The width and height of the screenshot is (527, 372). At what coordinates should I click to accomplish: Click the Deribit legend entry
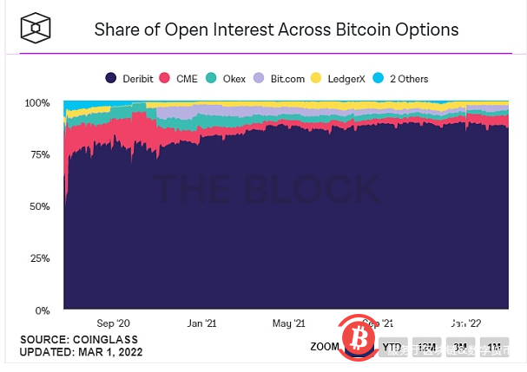pos(129,79)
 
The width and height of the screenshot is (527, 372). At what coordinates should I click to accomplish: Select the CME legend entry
pos(181,79)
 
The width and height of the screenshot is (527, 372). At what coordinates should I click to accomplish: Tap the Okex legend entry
pos(227,79)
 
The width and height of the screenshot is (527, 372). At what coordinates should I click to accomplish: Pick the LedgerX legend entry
pos(338,79)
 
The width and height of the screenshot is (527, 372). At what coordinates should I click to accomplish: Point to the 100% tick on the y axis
pos(37,103)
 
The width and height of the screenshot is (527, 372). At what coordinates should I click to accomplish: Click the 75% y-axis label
pos(39,155)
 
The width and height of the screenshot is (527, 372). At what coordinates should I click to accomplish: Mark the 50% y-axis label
pos(39,206)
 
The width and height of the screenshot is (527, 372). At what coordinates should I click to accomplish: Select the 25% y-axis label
pos(39,258)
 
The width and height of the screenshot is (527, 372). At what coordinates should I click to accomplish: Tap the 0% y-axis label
pos(42,310)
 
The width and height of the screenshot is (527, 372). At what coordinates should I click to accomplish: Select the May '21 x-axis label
pos(287,323)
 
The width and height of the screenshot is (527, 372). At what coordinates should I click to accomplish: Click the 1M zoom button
pos(495,348)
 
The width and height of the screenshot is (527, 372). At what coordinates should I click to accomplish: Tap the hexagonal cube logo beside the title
pos(36,29)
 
